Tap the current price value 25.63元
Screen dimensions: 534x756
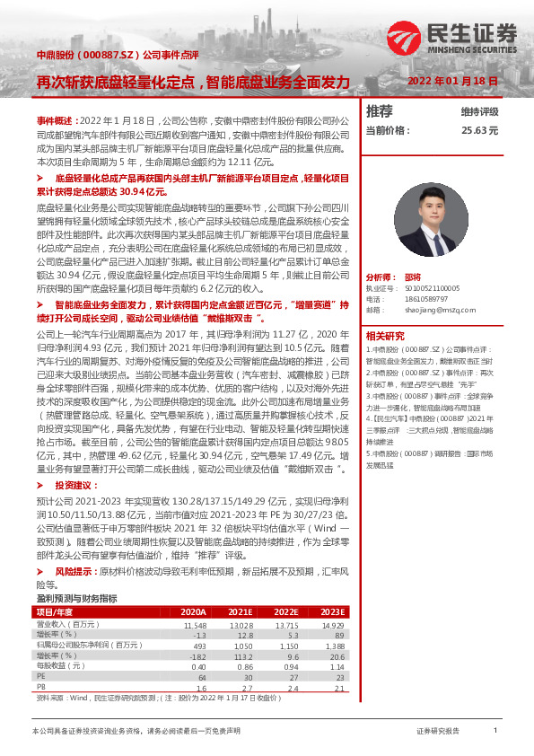pos(479,130)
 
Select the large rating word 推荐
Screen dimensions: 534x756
pos(380,111)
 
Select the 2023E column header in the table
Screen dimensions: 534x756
pos(332,585)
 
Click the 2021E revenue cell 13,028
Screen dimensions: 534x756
pos(241,598)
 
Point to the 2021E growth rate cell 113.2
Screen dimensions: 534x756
pos(243,630)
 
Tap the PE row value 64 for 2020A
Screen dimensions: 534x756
pos(201,652)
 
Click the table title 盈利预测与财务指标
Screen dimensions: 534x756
pos(76,572)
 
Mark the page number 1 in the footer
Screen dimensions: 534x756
pos(495,732)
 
